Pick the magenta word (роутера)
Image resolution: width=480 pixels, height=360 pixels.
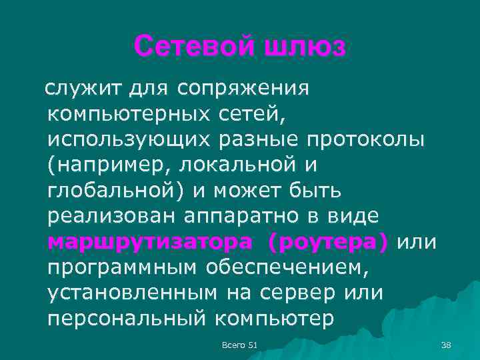[327, 243]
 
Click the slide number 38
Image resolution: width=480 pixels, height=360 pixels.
[447, 344]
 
